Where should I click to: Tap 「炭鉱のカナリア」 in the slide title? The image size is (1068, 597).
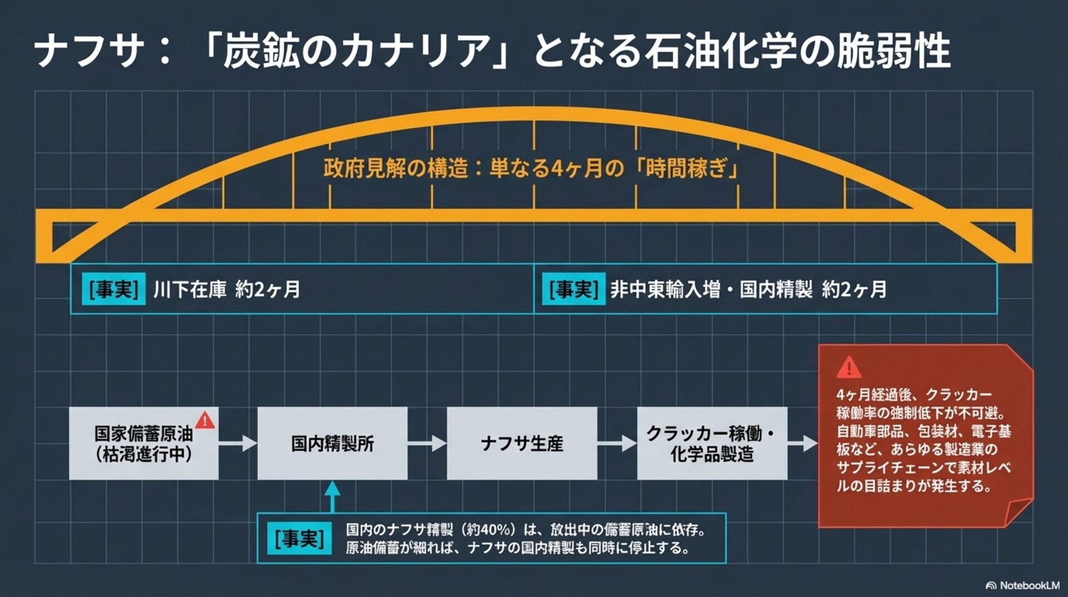[x=356, y=51]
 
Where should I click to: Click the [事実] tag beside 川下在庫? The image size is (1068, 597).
[x=113, y=289]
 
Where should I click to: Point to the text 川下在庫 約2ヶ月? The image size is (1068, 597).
[x=226, y=290]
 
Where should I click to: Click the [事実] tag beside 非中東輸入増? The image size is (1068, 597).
[x=573, y=289]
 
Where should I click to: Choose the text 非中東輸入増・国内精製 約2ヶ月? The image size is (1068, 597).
[x=748, y=290]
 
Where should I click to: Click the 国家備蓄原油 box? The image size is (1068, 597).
[x=144, y=443]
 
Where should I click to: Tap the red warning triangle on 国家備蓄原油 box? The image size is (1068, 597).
[x=205, y=420]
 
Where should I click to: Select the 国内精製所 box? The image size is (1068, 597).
[x=332, y=443]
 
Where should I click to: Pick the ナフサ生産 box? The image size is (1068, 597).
[x=522, y=443]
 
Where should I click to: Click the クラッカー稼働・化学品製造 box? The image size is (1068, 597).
[x=712, y=443]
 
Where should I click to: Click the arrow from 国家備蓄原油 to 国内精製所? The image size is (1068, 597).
[x=238, y=443]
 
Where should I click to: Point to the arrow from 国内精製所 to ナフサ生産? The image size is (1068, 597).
[x=427, y=443]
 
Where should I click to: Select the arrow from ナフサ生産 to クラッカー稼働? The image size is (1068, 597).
[x=617, y=443]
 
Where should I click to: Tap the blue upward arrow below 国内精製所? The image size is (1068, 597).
[x=332, y=496]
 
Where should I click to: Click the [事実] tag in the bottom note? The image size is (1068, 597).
[x=299, y=539]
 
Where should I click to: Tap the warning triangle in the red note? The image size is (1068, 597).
[x=849, y=368]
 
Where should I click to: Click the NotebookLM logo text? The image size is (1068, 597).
[x=1029, y=585]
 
